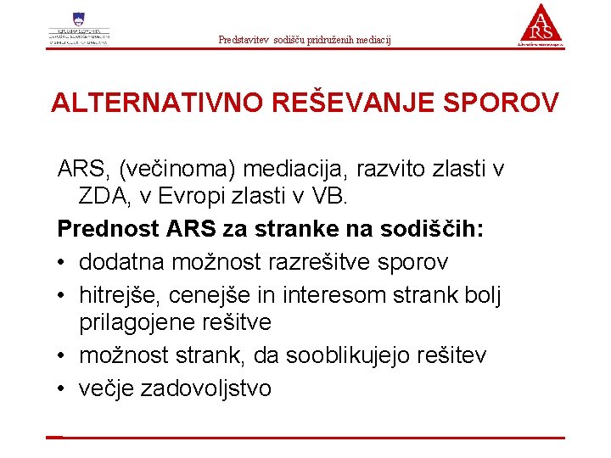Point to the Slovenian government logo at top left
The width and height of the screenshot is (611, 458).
pyautogui.click(x=79, y=30)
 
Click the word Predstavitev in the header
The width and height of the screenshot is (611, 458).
pyautogui.click(x=242, y=40)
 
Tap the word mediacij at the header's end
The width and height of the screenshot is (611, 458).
pyautogui.click(x=374, y=40)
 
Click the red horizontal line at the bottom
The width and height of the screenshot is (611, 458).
pyautogui.click(x=305, y=438)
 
